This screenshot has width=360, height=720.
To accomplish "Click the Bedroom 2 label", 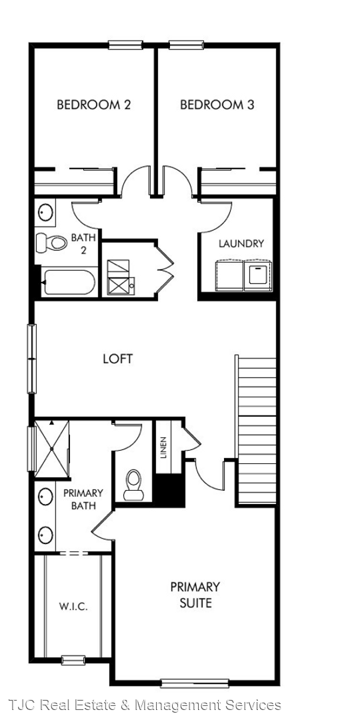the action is (94, 105).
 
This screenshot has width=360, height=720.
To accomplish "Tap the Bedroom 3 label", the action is (217, 105).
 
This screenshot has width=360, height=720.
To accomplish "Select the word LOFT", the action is (118, 359).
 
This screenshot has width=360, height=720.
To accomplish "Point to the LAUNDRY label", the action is (241, 243).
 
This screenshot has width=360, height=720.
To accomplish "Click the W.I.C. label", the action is (73, 607).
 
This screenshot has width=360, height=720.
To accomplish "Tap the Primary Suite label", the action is (195, 595).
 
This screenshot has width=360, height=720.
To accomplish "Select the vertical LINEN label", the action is (164, 447).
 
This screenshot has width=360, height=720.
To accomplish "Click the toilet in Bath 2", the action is (51, 243).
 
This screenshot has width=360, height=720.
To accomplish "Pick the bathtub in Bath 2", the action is (69, 283).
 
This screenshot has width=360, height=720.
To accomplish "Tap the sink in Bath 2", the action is (45, 212).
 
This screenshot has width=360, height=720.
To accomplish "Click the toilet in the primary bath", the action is (133, 485).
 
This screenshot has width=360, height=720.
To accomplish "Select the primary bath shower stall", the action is (52, 448).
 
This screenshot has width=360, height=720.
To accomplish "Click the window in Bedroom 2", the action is (125, 45).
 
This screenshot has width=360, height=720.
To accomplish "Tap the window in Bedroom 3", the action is (186, 45).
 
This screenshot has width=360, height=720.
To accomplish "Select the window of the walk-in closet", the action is (73, 660).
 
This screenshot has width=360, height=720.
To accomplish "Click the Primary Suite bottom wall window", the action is (195, 683).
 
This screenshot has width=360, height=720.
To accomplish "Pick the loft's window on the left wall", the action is (32, 359).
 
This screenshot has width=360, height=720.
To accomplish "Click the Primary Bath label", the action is (83, 499).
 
